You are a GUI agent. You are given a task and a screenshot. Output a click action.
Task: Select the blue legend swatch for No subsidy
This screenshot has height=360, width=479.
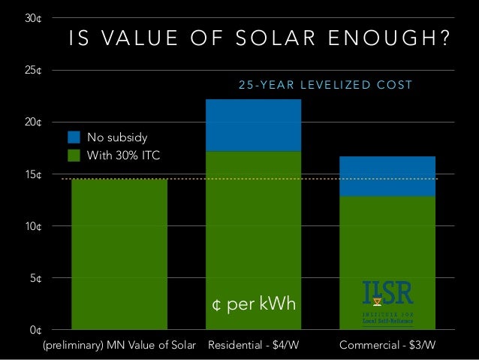click(x=73, y=138)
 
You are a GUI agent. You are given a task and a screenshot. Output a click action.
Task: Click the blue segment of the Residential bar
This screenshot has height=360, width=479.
click(x=254, y=125)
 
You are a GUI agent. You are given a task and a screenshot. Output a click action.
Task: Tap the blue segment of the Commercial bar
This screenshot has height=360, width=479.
click(x=387, y=176)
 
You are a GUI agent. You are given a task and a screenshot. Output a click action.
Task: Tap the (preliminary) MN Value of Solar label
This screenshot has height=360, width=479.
click(x=119, y=345)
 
